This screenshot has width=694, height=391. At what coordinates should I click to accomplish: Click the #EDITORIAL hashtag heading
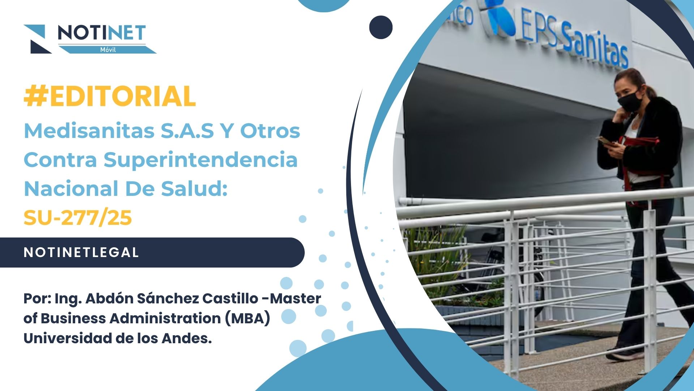pos(110,96)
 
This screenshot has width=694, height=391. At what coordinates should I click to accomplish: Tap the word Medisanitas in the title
pos(89,131)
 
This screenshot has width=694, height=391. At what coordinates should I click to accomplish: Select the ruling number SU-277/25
pos(78,218)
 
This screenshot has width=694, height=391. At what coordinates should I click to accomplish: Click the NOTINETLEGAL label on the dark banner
pos(81,252)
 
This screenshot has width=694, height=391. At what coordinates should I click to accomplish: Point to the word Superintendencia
pos(201,160)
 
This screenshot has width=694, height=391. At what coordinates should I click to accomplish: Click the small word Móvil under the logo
pos(108,50)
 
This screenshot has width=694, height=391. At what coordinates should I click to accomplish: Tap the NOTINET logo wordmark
pos(102,33)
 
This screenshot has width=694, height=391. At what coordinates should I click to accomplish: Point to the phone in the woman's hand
pos(605,140)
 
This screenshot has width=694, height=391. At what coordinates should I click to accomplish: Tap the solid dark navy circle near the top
pos(381,27)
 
